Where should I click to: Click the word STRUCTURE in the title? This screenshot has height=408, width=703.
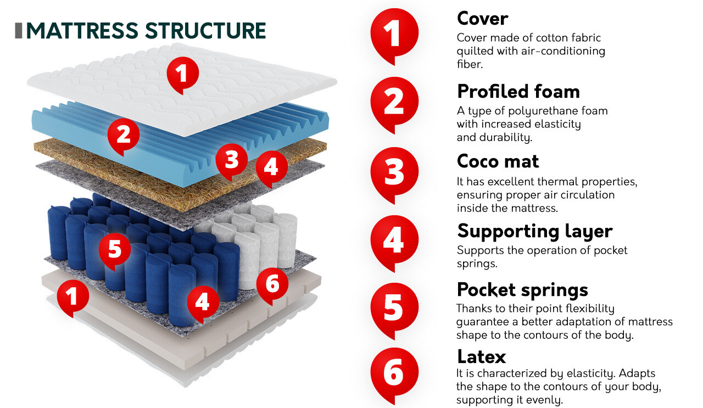click(206, 31)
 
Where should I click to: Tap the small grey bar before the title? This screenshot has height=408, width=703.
click(19, 31)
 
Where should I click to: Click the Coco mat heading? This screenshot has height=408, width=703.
click(498, 161)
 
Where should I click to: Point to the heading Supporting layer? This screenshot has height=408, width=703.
click(534, 231)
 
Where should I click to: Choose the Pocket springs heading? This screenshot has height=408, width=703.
click(522, 289)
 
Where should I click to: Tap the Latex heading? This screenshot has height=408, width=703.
click(481, 357)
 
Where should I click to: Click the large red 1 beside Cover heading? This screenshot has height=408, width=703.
click(394, 33)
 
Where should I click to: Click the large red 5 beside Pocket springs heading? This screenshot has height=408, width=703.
click(394, 306)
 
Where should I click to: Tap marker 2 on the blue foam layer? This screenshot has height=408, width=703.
click(124, 133)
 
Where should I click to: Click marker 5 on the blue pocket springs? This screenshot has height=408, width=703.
click(114, 250)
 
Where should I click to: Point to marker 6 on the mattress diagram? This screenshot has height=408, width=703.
click(272, 284)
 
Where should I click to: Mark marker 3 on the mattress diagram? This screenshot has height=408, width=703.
click(231, 160)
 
